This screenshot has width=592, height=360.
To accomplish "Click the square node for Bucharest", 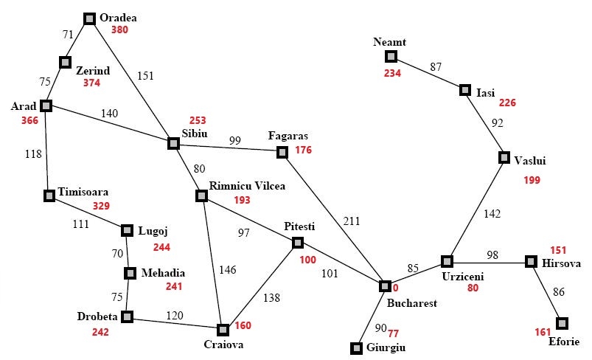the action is pyautogui.click(x=385, y=286).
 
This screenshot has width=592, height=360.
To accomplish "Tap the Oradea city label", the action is pyautogui.click(x=118, y=18).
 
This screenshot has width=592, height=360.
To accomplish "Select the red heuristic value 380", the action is pyautogui.click(x=119, y=30).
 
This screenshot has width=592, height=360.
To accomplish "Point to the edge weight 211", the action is pyautogui.click(x=352, y=221).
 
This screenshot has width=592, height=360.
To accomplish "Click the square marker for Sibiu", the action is pyautogui.click(x=173, y=144).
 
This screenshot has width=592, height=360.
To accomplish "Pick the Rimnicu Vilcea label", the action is pyautogui.click(x=247, y=186).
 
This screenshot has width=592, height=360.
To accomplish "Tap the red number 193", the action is pyautogui.click(x=242, y=200).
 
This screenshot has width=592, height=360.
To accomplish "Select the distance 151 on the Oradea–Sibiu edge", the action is pyautogui.click(x=145, y=76).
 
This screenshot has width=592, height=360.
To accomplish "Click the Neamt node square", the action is pyautogui.click(x=391, y=57).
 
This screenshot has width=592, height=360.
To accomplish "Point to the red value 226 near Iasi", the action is pyautogui.click(x=507, y=103).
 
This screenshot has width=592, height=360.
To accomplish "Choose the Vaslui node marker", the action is pyautogui.click(x=504, y=157).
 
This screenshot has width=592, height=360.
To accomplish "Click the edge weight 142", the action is pyautogui.click(x=492, y=214).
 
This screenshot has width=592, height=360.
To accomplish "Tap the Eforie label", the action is pyautogui.click(x=564, y=342).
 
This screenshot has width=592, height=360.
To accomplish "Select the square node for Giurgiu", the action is pyautogui.click(x=356, y=348).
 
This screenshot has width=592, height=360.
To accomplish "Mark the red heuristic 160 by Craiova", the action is pyautogui.click(x=243, y=325).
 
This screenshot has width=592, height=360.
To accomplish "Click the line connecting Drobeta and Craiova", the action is pyautogui.click(x=175, y=323).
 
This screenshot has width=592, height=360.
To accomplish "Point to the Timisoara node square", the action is pyautogui.click(x=49, y=195).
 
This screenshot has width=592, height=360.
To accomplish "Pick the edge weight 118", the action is pyautogui.click(x=33, y=154).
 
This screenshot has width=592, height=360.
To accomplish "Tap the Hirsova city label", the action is pyautogui.click(x=562, y=263).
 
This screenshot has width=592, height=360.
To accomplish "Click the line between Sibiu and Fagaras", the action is pyautogui.click(x=228, y=148).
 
